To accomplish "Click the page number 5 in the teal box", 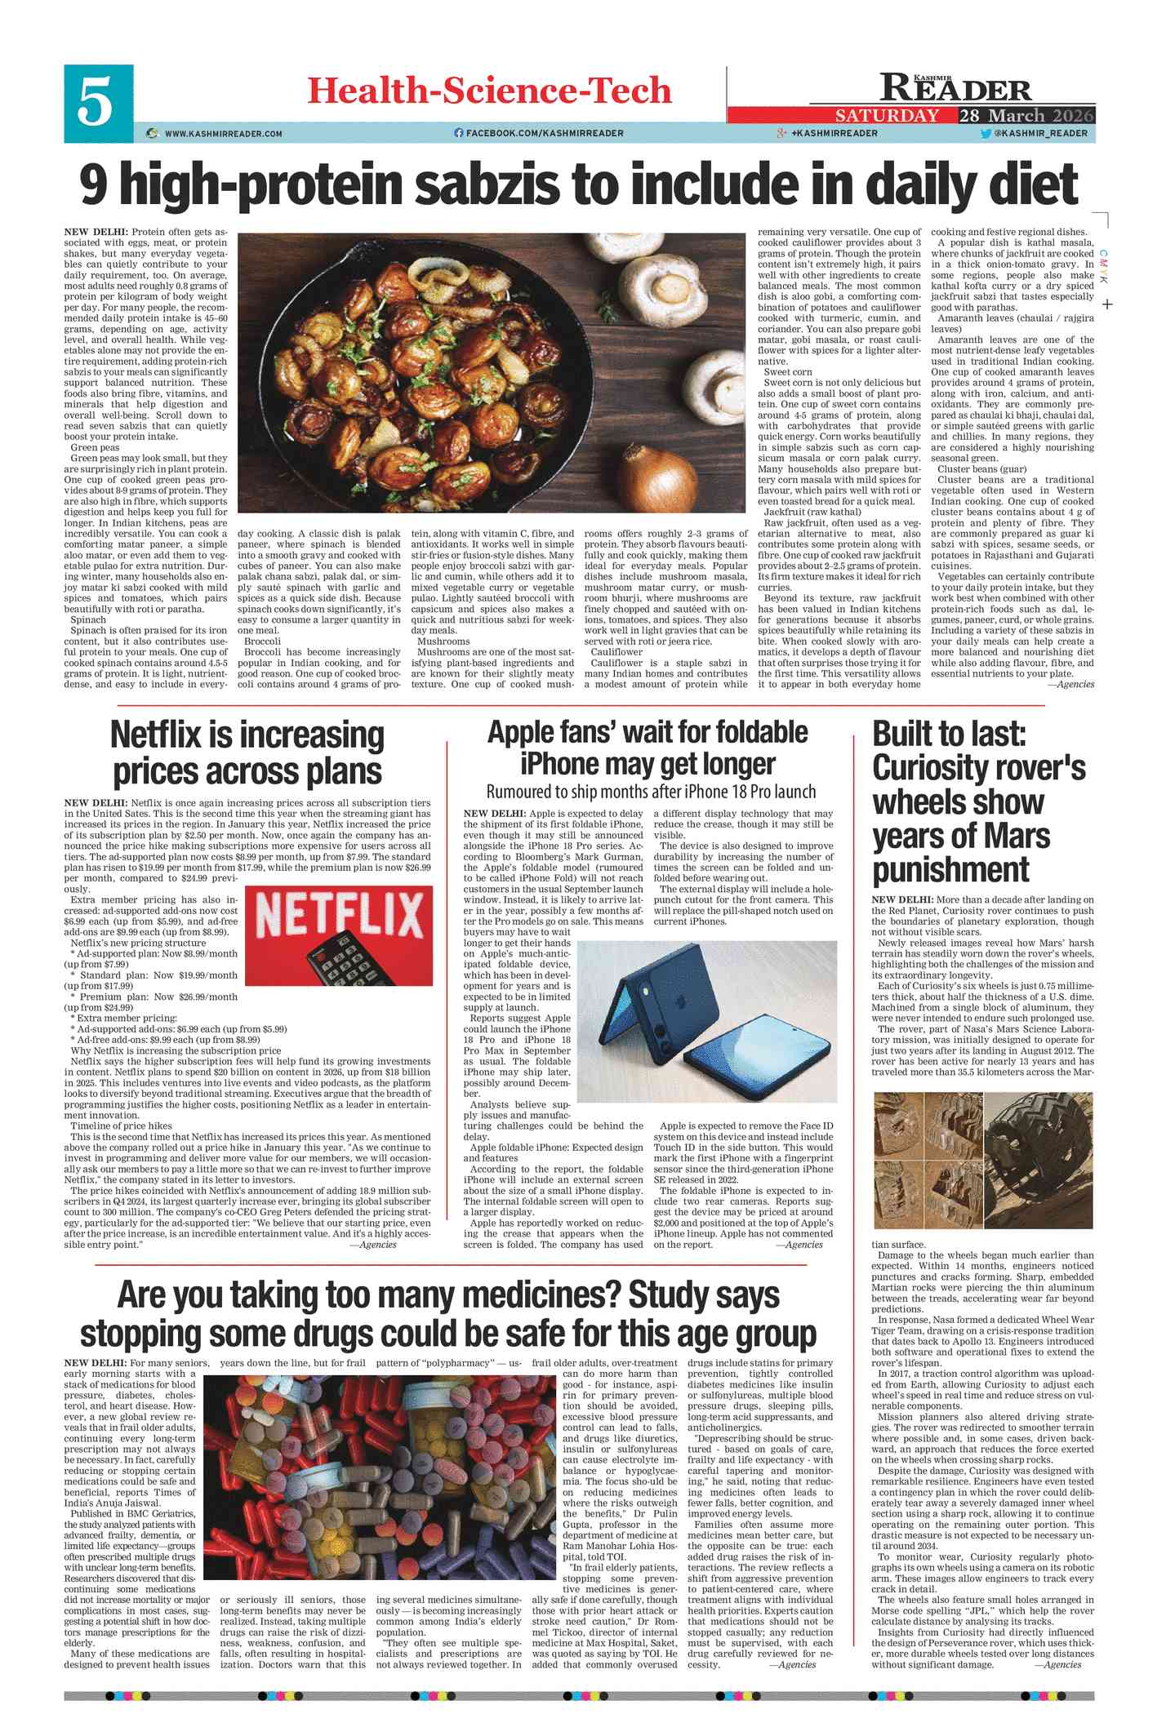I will [97, 104].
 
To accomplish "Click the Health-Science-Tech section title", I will [489, 91].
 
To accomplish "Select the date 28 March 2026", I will [1026, 115].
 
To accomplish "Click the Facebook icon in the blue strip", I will [459, 133].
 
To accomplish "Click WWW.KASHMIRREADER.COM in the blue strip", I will [223, 133].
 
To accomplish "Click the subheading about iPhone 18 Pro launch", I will [651, 791].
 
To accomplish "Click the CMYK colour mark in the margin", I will [1103, 267].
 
